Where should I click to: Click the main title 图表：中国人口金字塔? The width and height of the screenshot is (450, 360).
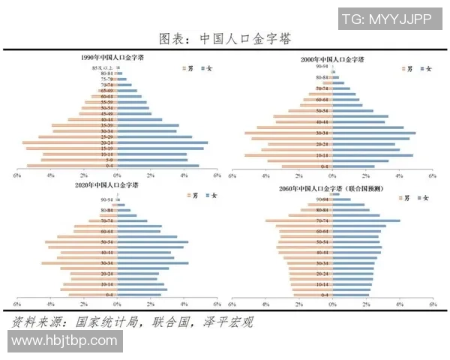click(x=225, y=37)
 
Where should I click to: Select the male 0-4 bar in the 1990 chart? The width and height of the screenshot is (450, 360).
click(x=71, y=166)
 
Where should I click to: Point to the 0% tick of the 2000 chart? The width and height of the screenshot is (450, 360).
click(x=333, y=176)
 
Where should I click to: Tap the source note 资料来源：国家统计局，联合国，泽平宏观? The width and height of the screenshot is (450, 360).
click(x=131, y=322)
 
